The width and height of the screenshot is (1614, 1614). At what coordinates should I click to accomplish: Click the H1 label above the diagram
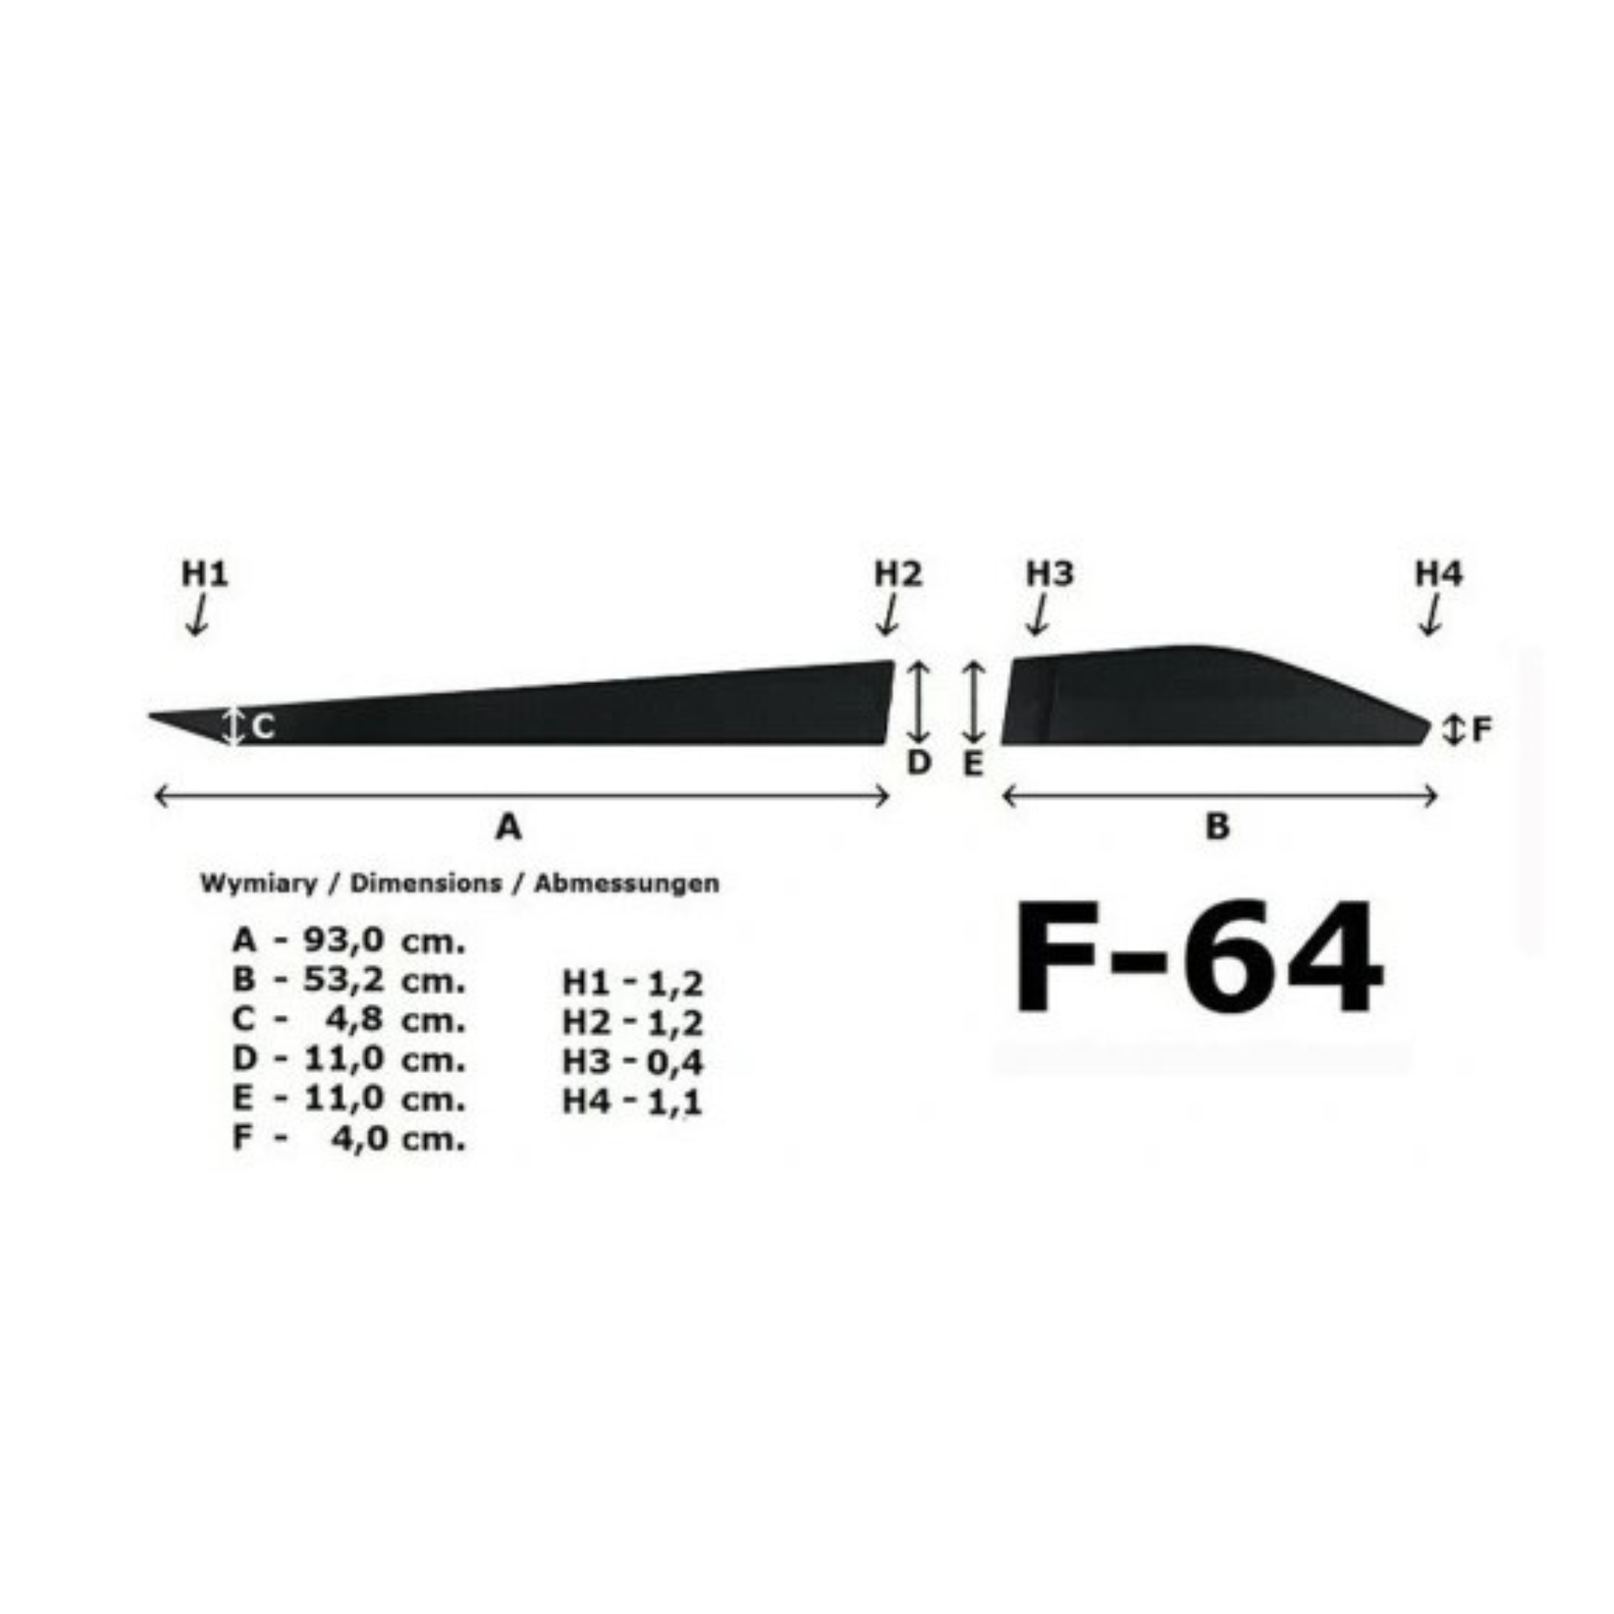pyautogui.click(x=205, y=574)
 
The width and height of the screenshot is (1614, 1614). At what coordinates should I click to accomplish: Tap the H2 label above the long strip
pyautogui.click(x=898, y=574)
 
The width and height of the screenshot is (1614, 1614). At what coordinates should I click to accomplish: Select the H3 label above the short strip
pyautogui.click(x=1050, y=574)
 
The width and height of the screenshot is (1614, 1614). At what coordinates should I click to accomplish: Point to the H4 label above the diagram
pyautogui.click(x=1438, y=574)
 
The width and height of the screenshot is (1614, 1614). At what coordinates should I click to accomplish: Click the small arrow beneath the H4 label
pyautogui.click(x=1430, y=616)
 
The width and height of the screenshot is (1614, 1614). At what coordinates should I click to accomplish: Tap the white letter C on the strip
pyautogui.click(x=262, y=728)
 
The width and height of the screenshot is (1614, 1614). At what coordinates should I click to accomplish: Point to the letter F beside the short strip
pyautogui.click(x=1481, y=730)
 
